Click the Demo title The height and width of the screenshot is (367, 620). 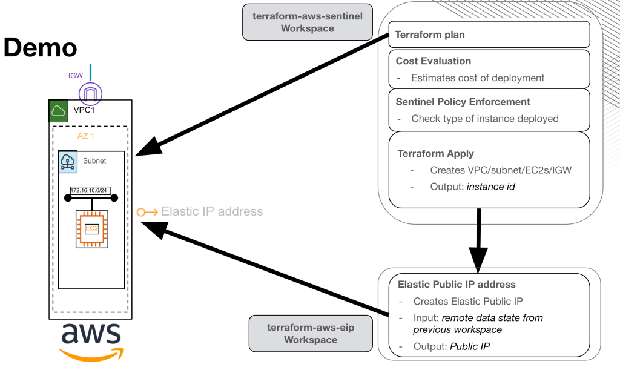41,48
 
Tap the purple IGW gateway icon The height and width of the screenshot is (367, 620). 90,94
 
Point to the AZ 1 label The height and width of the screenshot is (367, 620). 86,136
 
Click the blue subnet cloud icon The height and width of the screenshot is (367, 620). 68,162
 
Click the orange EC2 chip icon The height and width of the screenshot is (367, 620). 91,229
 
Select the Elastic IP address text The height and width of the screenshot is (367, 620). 211,211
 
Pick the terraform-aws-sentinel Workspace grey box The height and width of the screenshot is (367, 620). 308,22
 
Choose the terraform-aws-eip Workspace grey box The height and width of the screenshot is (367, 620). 311,334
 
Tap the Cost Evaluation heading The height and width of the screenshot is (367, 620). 433,61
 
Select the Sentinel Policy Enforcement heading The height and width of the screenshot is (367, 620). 463,102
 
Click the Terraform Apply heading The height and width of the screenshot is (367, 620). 435,154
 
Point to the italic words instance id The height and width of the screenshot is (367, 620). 490,187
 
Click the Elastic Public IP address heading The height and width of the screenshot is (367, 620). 457,285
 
